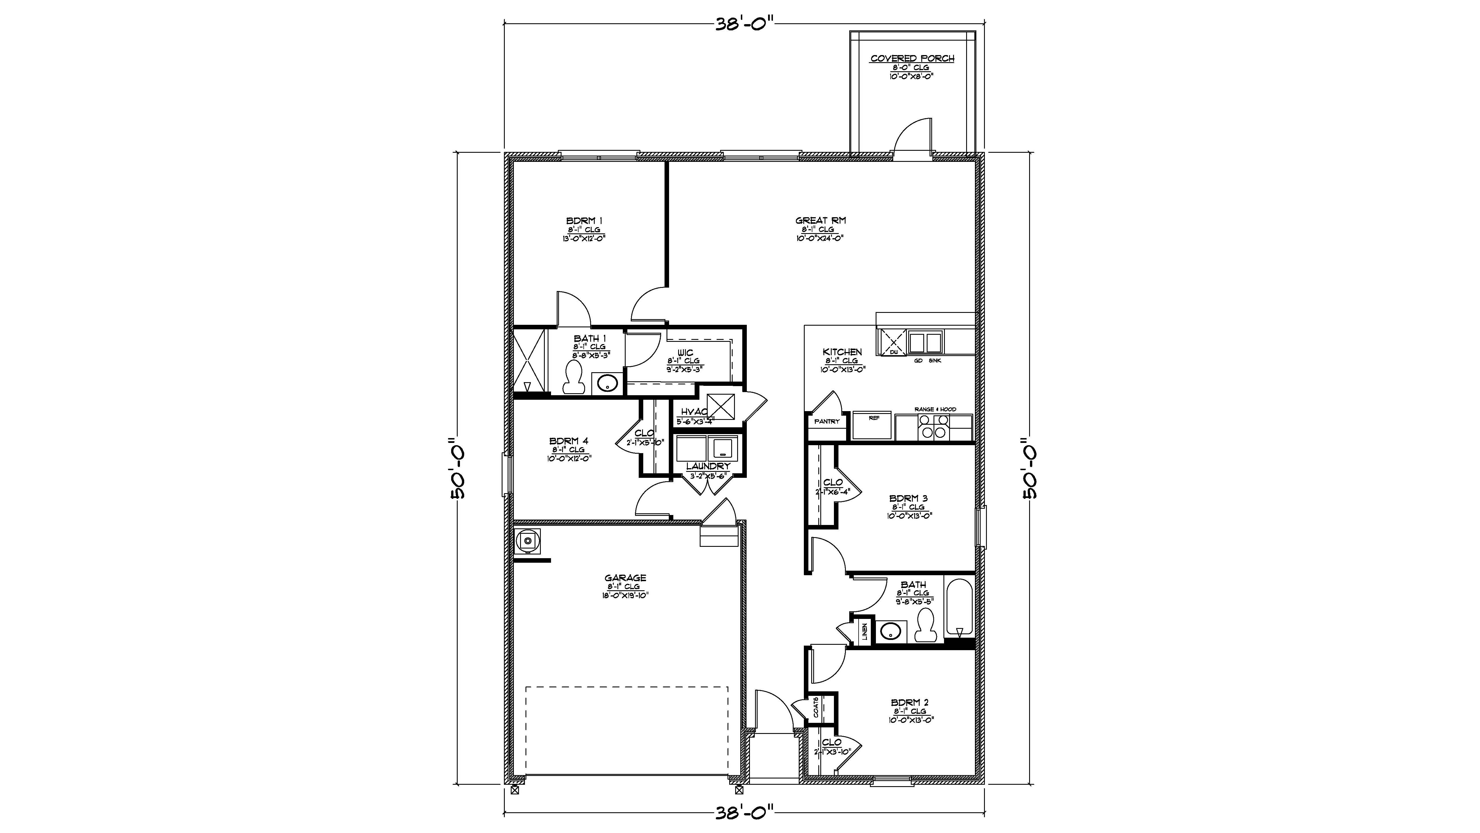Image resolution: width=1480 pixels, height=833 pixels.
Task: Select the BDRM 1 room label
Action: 584,221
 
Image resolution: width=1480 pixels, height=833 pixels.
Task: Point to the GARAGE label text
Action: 625,578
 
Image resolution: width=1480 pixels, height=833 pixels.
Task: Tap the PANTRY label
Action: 827,421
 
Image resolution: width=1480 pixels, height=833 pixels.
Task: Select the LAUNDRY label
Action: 708,466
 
